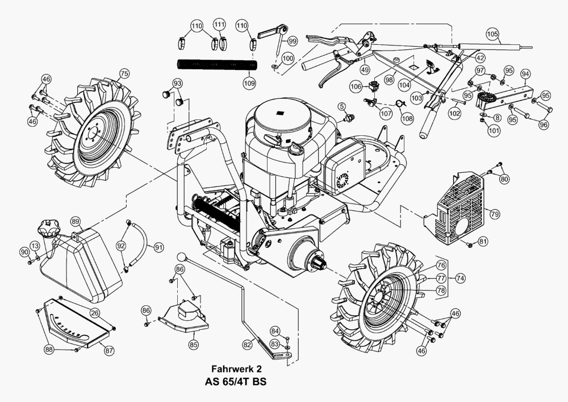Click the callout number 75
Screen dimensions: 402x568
coord(124,73)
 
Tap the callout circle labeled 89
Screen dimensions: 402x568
coord(76,221)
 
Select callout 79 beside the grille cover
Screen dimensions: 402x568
coord(494,214)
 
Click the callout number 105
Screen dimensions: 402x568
coord(492,33)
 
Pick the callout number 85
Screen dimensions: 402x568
coord(193,344)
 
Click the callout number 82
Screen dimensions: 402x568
coord(247,344)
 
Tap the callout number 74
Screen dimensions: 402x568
coord(460,277)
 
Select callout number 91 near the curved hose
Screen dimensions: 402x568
coord(159,247)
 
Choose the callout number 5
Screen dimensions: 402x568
coord(342,106)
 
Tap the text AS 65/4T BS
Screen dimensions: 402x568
coord(235,382)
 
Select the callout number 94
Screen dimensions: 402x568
coord(525,74)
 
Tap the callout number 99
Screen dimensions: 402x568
coord(293,41)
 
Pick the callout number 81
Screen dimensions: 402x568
coord(483,241)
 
